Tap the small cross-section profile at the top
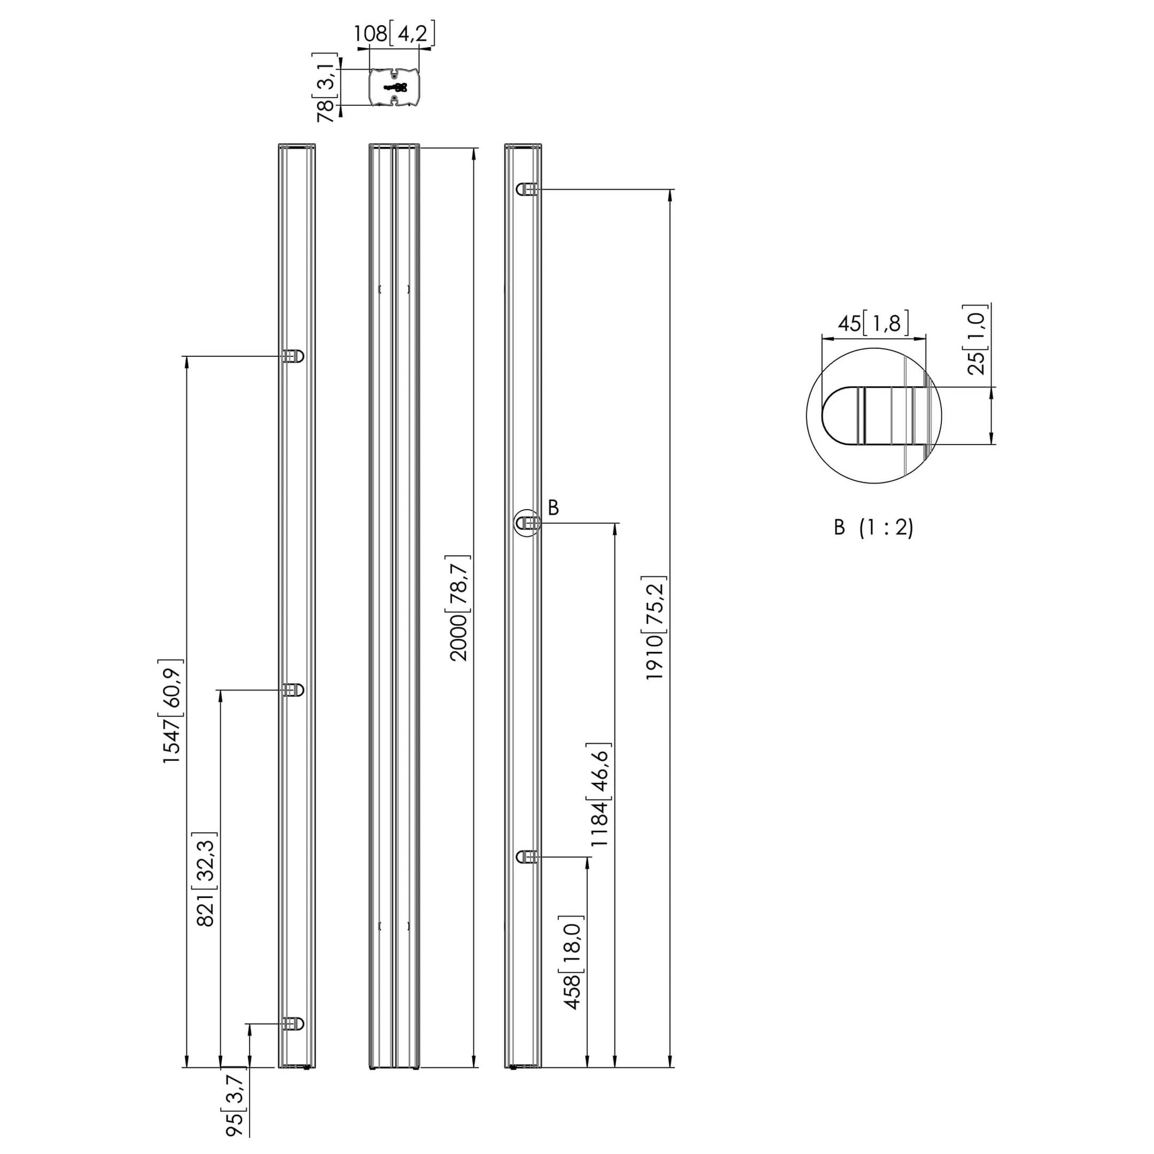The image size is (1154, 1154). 394,88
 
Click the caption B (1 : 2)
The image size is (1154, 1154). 874,527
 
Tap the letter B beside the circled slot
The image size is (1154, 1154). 553,508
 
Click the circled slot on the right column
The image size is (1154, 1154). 527,523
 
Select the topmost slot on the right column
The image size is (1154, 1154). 527,189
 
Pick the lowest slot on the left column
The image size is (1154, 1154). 293,1024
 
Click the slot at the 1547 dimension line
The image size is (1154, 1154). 293,356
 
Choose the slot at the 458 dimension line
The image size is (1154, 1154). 527,857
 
